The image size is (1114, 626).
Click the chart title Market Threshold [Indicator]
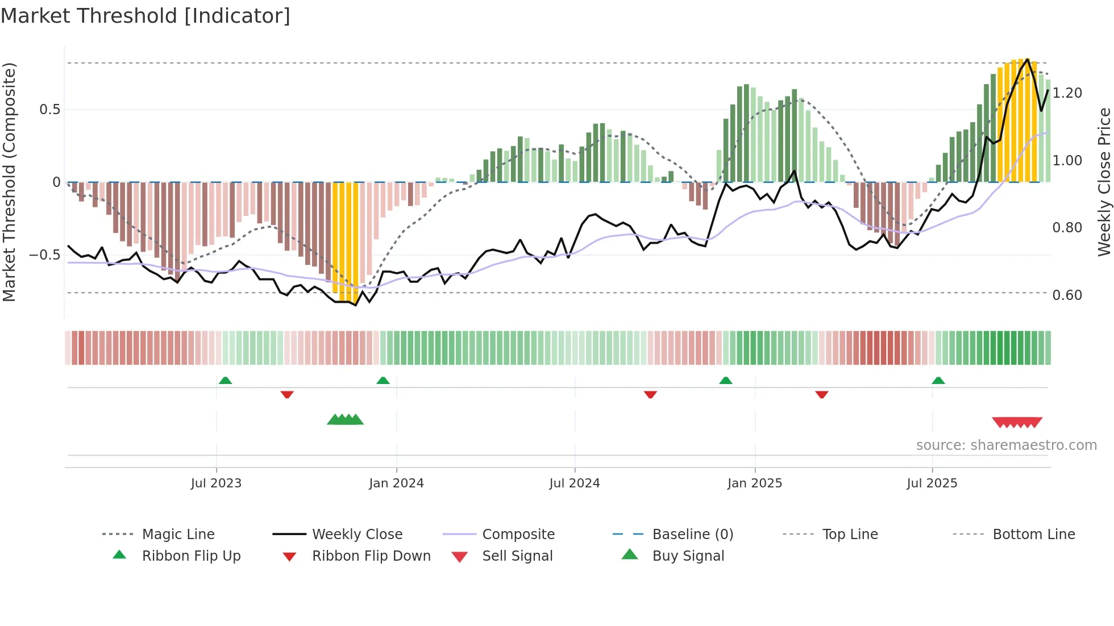(x=146, y=16)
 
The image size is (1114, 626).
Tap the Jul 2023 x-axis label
(x=216, y=483)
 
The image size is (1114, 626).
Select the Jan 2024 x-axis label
(x=396, y=483)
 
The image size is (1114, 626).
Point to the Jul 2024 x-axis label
(x=575, y=483)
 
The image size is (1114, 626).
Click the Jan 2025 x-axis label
(x=755, y=483)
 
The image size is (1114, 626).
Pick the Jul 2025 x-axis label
(x=932, y=483)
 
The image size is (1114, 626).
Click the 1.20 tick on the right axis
(x=1067, y=93)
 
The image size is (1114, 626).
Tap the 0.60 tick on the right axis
(x=1067, y=295)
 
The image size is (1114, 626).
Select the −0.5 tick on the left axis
(x=45, y=255)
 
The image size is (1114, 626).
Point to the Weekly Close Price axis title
(x=1104, y=182)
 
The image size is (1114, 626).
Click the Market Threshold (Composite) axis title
(x=9, y=182)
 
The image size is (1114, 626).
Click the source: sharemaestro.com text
(x=1006, y=445)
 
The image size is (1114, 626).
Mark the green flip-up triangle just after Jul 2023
(x=225, y=381)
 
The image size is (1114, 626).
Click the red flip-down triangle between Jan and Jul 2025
(x=821, y=394)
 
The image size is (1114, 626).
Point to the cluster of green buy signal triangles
(x=345, y=420)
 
